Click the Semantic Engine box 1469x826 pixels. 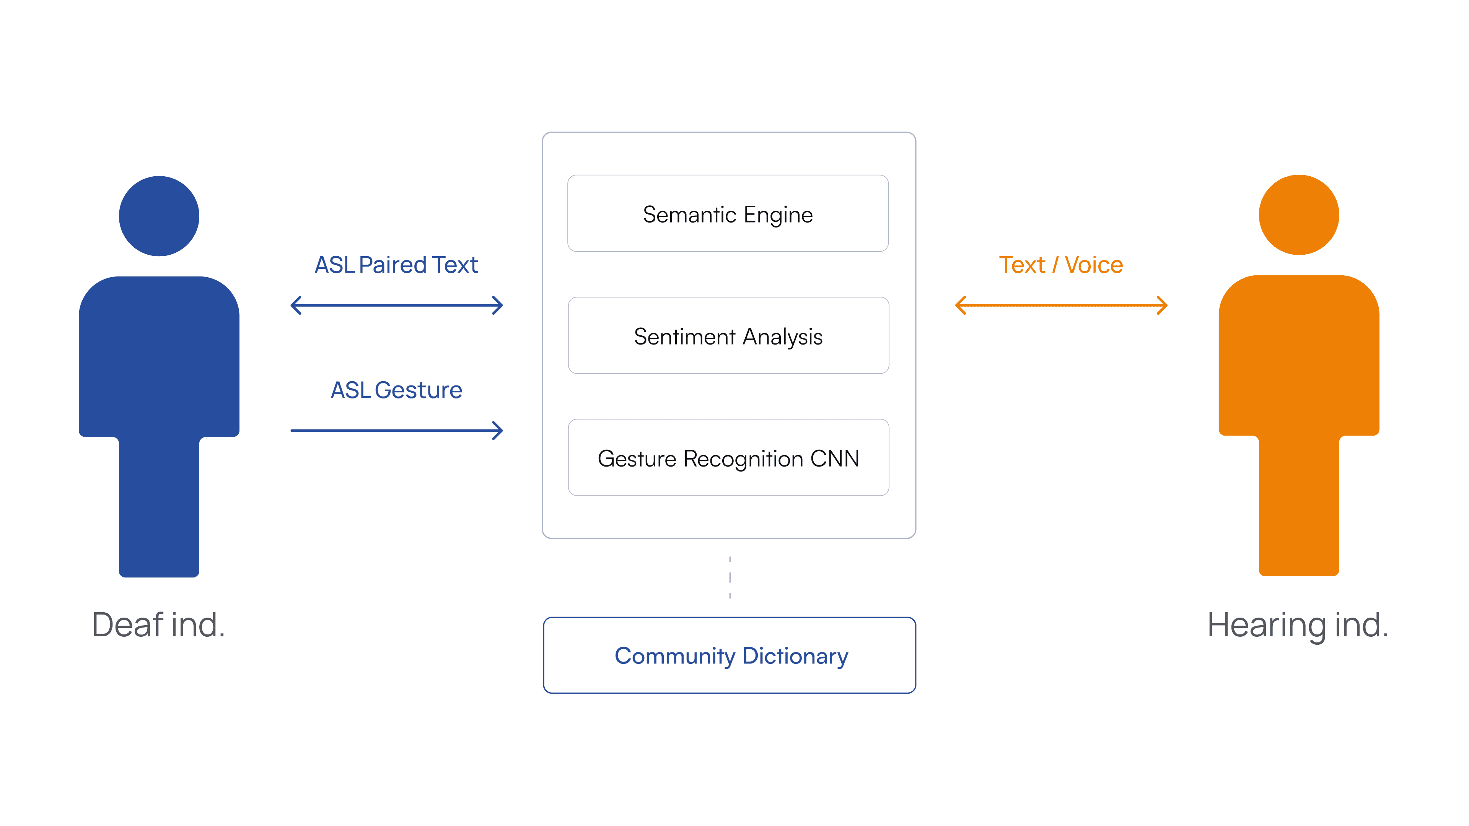[728, 213]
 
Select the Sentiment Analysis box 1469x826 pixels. [728, 335]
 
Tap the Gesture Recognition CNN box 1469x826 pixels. [728, 457]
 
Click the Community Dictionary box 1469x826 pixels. [730, 655]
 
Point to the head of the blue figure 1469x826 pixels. [159, 216]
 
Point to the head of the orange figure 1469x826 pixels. [1298, 215]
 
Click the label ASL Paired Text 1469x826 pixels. [396, 265]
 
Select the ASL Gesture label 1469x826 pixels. [396, 390]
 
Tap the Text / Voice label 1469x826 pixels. [1061, 265]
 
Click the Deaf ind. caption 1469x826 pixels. [158, 625]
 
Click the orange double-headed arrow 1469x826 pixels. [1061, 305]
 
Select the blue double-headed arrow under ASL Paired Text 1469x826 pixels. [396, 305]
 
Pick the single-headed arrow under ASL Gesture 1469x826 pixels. [396, 430]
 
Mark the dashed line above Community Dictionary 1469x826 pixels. [730, 577]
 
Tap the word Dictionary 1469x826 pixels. [796, 656]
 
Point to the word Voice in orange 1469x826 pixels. [1094, 265]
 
